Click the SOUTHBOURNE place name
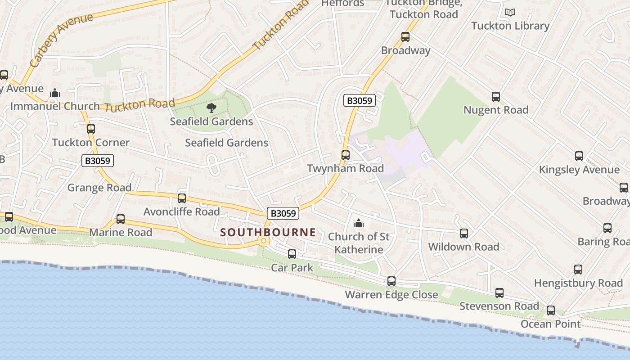click(x=268, y=232)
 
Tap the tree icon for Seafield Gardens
click(x=211, y=108)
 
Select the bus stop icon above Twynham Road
click(x=345, y=155)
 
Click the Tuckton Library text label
click(x=510, y=26)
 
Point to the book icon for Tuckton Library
click(x=510, y=12)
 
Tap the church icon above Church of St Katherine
click(x=358, y=223)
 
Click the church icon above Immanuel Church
click(x=55, y=93)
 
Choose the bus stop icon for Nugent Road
click(x=495, y=96)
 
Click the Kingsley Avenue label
click(x=579, y=170)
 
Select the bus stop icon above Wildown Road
click(x=463, y=234)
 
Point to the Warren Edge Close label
click(x=391, y=295)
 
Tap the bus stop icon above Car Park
click(x=292, y=254)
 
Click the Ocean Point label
click(x=551, y=324)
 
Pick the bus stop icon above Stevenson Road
click(x=499, y=293)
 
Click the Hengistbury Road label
click(x=578, y=283)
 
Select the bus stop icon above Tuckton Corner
click(x=91, y=129)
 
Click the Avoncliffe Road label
click(x=181, y=211)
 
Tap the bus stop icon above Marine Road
click(x=121, y=219)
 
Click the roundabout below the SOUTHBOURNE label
click(x=264, y=242)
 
